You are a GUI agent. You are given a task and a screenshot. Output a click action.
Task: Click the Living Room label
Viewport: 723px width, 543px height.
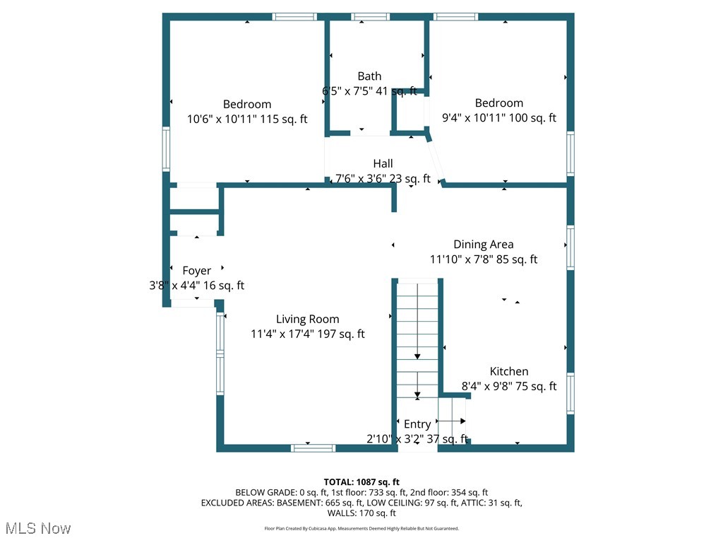307,319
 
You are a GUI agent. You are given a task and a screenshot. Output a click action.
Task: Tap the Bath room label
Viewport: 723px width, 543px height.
369,76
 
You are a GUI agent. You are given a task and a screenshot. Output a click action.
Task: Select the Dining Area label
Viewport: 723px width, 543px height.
483,245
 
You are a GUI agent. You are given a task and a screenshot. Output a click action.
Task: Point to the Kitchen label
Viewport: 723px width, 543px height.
509,371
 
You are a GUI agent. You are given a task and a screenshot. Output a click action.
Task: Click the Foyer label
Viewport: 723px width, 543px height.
196,271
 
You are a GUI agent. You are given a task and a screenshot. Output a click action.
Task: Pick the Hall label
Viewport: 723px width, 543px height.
383,163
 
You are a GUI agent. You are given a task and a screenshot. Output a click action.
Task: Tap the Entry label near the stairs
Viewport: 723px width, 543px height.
417,424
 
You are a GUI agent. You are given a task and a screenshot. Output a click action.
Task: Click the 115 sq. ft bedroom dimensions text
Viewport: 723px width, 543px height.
247,119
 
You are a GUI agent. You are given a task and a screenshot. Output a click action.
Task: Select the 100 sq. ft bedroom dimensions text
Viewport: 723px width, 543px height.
498,118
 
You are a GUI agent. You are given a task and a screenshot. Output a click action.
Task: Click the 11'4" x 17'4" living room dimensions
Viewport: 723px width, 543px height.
307,334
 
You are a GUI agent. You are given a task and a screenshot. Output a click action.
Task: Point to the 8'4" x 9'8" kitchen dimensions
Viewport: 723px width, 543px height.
509,386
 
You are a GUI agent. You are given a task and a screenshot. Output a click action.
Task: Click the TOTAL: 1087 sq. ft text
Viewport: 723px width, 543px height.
361,481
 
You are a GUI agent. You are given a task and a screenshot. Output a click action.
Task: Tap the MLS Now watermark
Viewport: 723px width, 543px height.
38,528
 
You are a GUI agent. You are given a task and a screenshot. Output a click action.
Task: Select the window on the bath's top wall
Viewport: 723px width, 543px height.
371,17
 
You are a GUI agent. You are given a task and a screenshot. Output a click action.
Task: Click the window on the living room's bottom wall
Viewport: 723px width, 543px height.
313,448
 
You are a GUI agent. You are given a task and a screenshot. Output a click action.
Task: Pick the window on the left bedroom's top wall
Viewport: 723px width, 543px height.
294,17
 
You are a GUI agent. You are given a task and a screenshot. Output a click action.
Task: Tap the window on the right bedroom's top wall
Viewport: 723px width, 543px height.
455,17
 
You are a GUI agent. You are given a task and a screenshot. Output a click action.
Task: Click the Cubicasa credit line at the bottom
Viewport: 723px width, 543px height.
361,528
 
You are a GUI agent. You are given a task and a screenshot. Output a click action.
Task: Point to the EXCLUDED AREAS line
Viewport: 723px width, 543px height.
361,503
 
